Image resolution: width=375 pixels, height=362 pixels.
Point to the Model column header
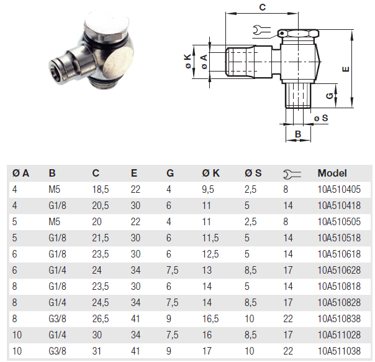332,174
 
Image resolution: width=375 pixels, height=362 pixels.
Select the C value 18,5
100,190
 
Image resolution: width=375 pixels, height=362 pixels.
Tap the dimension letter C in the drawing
262,7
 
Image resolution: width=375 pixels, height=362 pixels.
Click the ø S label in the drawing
321,118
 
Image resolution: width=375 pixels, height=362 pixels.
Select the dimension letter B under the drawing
297,134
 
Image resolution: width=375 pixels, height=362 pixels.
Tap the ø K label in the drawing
187,61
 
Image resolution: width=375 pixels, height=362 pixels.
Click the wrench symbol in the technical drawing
262,29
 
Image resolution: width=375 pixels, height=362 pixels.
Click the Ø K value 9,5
209,190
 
